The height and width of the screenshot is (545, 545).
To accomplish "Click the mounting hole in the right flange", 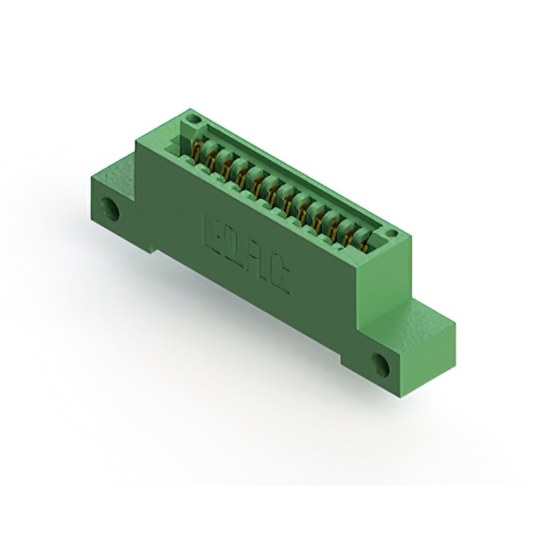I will tap(381, 365).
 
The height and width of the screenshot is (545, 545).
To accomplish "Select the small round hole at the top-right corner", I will tap(390, 232).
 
